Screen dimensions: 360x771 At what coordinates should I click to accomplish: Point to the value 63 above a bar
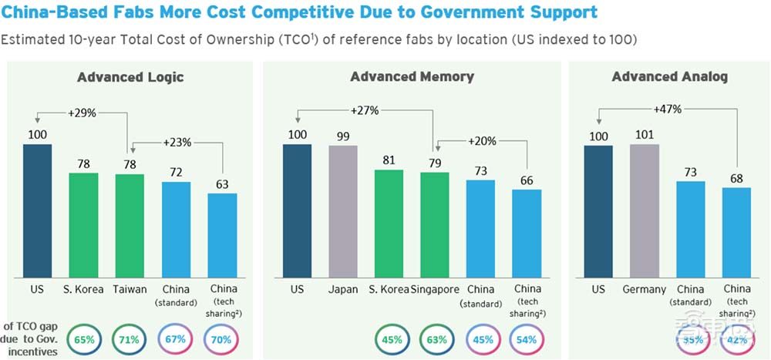pyautogui.click(x=221, y=183)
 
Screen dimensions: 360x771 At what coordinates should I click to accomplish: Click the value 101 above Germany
pyautogui.click(x=644, y=135)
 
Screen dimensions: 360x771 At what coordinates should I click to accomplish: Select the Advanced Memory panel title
pyautogui.click(x=412, y=76)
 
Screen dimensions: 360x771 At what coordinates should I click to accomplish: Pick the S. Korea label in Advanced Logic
pyautogui.click(x=83, y=289)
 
